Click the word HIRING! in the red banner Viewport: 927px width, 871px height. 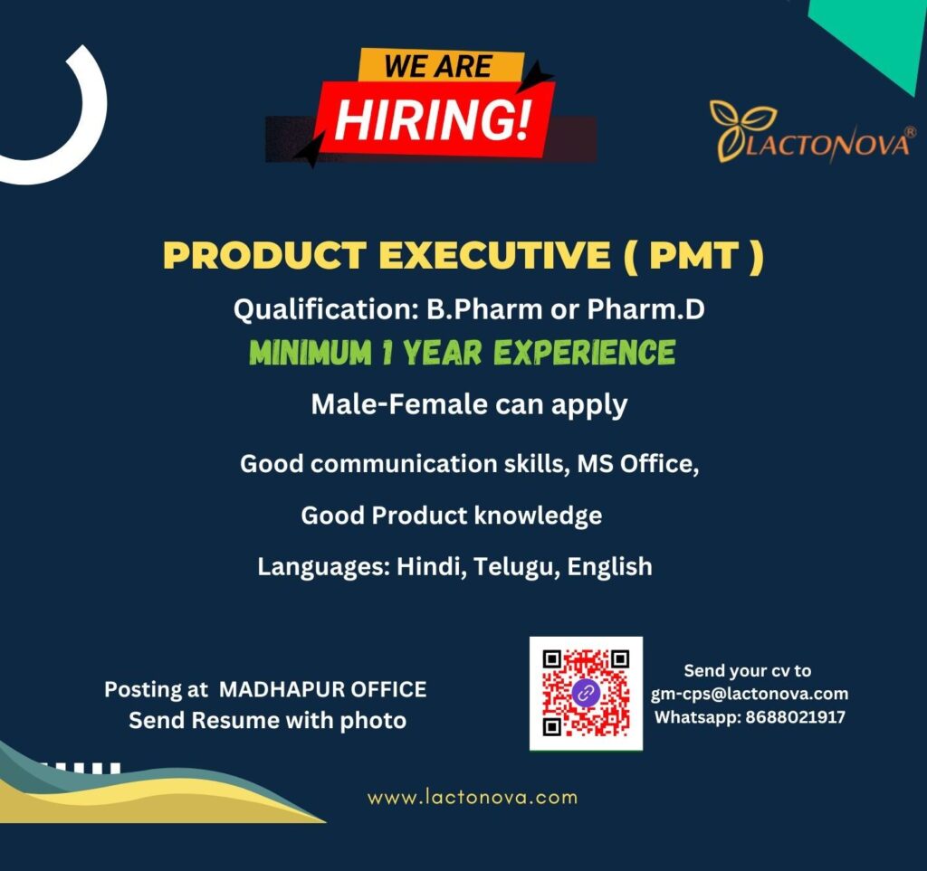click(x=434, y=119)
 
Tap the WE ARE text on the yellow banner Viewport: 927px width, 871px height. click(x=439, y=66)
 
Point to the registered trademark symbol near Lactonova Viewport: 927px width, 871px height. click(x=910, y=132)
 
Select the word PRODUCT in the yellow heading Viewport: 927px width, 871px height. click(x=263, y=256)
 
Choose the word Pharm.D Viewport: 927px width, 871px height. click(x=645, y=309)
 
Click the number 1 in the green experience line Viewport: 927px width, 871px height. click(x=387, y=352)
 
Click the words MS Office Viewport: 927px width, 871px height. click(x=638, y=464)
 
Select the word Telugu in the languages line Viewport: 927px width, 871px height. click(x=513, y=567)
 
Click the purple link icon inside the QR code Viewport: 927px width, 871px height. click(x=586, y=694)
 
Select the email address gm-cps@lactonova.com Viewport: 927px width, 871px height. click(x=750, y=694)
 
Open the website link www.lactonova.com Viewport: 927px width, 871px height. click(x=472, y=798)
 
